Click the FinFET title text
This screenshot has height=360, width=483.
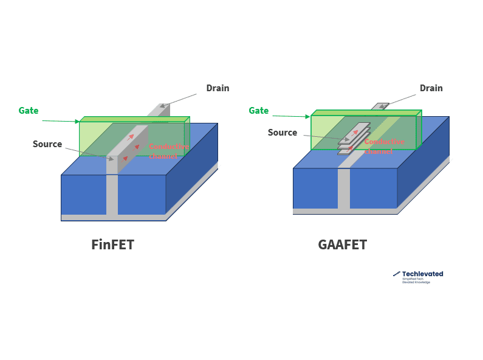112,245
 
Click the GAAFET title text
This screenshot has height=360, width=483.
342,245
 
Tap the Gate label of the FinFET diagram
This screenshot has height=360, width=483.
29,111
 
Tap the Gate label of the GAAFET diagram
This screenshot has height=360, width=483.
259,111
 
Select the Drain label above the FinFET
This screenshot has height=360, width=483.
218,88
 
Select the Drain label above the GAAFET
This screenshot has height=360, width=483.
431,88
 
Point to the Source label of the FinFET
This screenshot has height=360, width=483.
47,144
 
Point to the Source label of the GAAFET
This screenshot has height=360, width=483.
283,133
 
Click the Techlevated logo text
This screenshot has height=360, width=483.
422,274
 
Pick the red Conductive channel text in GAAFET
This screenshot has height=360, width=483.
384,146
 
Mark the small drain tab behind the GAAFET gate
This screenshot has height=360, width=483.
381,106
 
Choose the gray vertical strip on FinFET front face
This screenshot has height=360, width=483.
112,195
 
